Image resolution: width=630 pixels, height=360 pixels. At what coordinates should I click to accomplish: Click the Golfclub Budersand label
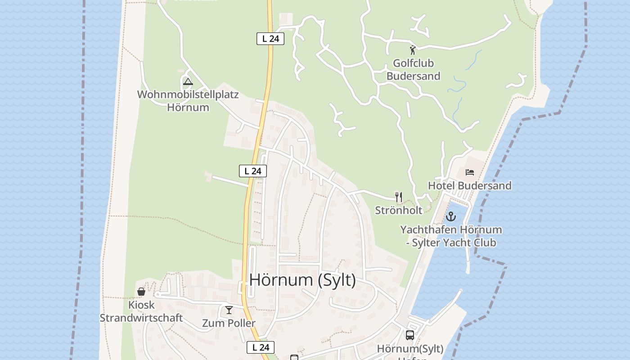click(x=413, y=69)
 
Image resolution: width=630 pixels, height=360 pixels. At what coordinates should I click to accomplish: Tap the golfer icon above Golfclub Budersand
click(x=413, y=50)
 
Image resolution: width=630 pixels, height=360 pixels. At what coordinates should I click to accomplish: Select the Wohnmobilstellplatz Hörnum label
click(x=188, y=101)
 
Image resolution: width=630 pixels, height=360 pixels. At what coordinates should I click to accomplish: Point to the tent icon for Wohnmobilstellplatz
click(x=188, y=82)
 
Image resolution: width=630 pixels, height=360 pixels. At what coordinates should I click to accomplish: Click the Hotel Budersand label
click(x=469, y=185)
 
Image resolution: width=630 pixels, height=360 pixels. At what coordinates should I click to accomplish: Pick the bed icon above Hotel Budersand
click(x=470, y=172)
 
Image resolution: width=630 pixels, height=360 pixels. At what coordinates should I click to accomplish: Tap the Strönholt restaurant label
click(x=399, y=210)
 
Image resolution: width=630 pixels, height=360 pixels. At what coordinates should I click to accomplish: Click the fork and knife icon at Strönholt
click(x=398, y=197)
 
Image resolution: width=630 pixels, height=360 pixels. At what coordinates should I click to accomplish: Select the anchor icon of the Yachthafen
click(x=451, y=217)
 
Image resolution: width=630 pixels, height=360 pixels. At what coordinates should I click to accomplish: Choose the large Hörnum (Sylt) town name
click(x=302, y=280)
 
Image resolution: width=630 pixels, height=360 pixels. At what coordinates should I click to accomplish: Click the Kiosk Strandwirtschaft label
click(x=141, y=311)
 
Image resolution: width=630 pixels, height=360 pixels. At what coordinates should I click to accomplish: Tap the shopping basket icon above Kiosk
click(x=141, y=292)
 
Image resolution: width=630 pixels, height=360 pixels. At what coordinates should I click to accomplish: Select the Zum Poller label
click(x=229, y=323)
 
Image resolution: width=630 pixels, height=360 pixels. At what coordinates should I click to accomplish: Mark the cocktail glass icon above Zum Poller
click(x=229, y=310)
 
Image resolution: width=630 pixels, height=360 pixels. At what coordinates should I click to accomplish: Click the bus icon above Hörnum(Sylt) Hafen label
click(x=410, y=335)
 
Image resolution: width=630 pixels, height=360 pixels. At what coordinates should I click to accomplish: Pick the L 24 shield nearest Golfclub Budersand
click(x=270, y=39)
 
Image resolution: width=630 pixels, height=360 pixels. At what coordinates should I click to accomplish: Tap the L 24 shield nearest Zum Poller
click(x=261, y=347)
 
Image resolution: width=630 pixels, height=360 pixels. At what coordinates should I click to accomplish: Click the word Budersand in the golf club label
click(x=413, y=76)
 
